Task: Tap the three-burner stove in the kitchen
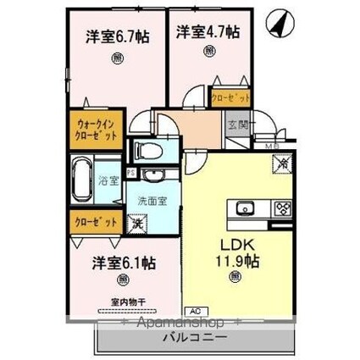click(x=282, y=208)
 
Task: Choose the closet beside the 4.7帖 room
click(x=230, y=97)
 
